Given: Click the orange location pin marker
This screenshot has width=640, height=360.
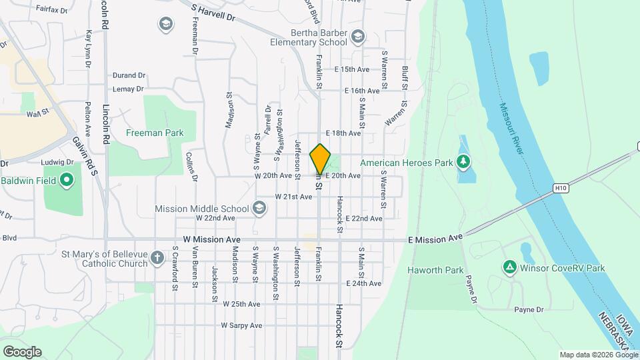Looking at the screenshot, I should (320, 159).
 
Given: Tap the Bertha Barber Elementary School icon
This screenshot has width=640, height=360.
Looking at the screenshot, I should (358, 36).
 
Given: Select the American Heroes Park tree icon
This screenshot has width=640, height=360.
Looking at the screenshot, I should (463, 162).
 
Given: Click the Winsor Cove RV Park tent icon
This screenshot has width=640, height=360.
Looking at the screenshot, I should (509, 267).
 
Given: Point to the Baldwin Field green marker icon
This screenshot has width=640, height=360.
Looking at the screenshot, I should (66, 180).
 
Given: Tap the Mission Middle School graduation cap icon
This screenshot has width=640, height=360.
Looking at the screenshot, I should (259, 209).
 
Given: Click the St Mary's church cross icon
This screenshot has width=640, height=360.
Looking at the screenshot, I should (157, 258).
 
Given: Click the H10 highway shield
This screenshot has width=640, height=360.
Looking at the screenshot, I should (562, 189).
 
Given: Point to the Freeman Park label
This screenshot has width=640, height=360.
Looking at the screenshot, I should (155, 133).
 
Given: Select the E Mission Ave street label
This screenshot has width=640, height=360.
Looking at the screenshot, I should (435, 238).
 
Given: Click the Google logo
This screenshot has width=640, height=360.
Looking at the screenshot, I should (22, 351).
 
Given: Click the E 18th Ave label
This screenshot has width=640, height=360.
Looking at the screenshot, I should (343, 133).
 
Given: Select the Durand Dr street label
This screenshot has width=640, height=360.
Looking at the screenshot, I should (129, 76).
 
